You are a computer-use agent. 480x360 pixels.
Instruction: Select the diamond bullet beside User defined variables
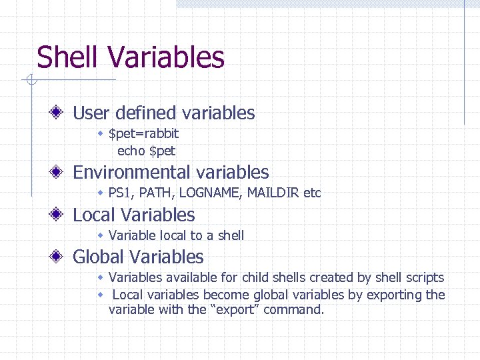click(x=59, y=113)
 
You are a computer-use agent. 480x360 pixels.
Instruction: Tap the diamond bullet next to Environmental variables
click(x=59, y=172)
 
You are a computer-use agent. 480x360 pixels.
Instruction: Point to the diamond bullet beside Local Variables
click(x=59, y=215)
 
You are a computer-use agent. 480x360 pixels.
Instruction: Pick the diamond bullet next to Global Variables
click(x=59, y=257)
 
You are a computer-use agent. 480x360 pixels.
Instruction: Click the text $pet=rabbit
click(x=143, y=134)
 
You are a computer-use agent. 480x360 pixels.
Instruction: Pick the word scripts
click(x=421, y=277)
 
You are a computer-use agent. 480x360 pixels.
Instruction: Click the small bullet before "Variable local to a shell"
click(x=100, y=235)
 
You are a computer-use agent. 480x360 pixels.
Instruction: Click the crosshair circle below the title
click(x=29, y=81)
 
